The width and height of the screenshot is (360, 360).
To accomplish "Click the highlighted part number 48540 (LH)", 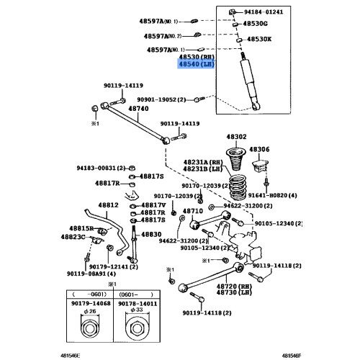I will pos(196,65).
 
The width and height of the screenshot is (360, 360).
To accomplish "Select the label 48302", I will pos(237,136).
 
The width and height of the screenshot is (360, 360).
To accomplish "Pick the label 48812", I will pos(108,204).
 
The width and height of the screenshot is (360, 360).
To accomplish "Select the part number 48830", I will pos(150,235).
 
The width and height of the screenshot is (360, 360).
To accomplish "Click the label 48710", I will pos(192,212).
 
